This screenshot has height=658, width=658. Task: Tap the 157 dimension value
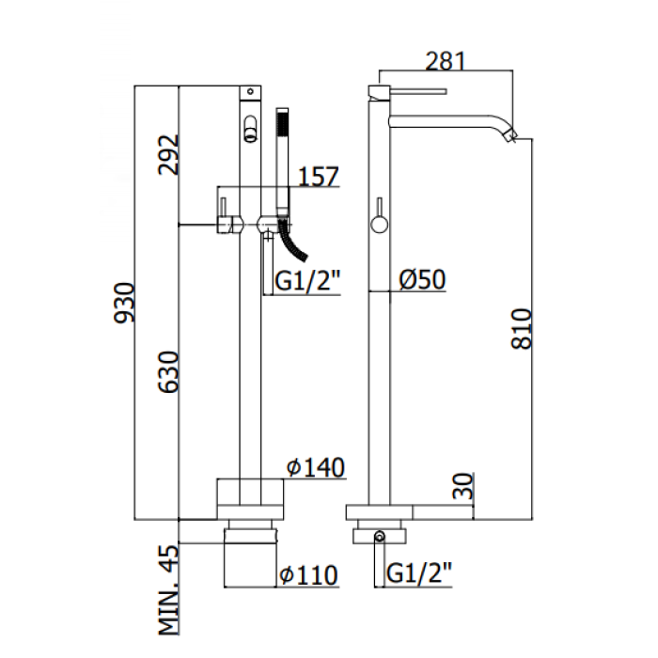(317, 176)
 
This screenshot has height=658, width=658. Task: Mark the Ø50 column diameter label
(421, 279)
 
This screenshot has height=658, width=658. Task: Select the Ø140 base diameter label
(316, 466)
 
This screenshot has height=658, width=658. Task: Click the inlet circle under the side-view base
(378, 537)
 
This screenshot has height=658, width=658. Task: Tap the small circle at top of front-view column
(252, 91)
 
